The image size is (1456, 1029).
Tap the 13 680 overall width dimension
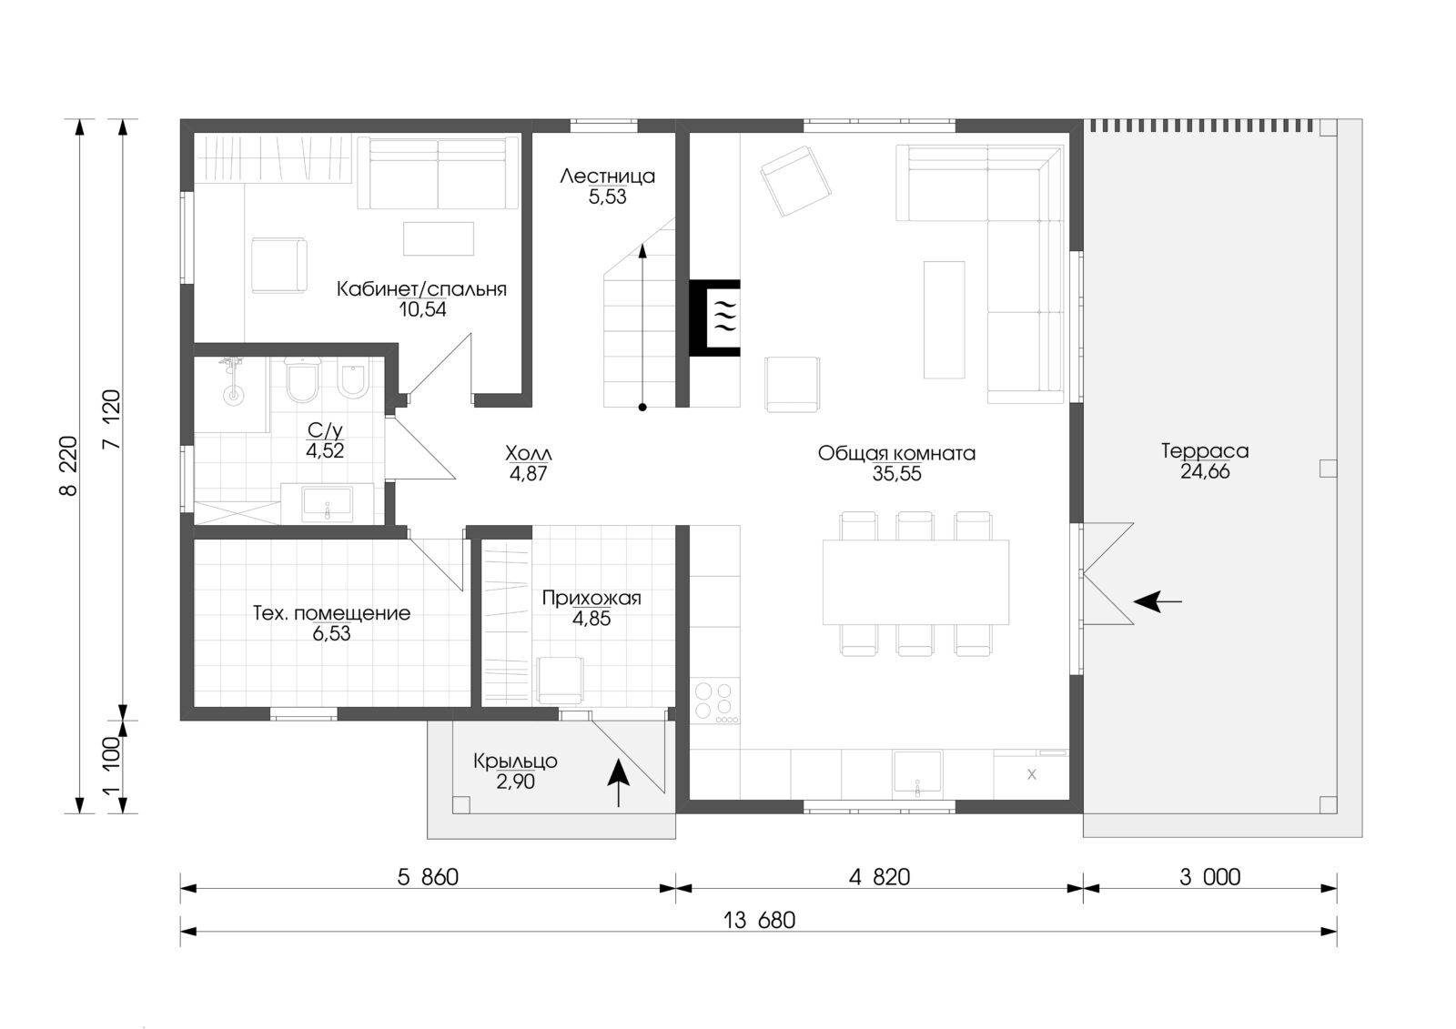(x=759, y=921)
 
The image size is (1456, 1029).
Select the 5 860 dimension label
(x=428, y=878)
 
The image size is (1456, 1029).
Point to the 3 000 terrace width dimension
(x=1209, y=878)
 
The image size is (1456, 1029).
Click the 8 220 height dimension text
(x=69, y=466)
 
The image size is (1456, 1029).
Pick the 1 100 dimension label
(x=112, y=766)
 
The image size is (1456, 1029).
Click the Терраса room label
(x=1205, y=450)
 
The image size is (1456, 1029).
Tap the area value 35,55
(x=896, y=474)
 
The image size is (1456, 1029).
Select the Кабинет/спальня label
(x=421, y=289)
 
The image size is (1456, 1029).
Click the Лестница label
(x=607, y=177)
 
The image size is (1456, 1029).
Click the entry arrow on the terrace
(x=1158, y=602)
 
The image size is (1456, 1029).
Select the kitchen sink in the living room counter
(x=917, y=773)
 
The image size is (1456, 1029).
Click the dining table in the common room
(x=915, y=581)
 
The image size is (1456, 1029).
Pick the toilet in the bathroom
(x=301, y=380)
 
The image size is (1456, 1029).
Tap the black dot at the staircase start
(x=642, y=408)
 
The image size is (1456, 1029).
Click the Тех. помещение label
(x=331, y=613)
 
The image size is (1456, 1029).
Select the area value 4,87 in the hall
(x=528, y=474)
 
